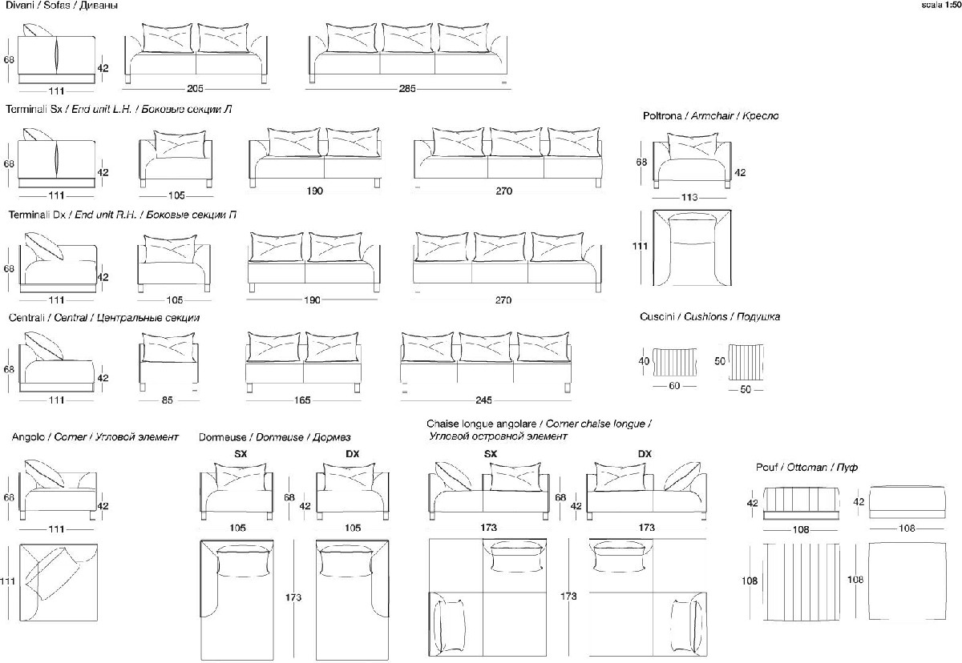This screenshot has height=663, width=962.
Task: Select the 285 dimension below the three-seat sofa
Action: click(407, 89)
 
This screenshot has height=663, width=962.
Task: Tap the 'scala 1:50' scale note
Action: click(940, 5)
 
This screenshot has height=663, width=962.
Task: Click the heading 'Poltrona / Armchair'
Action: click(710, 116)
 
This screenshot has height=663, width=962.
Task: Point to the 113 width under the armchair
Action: click(689, 197)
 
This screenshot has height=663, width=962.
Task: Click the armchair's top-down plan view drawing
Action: click(693, 247)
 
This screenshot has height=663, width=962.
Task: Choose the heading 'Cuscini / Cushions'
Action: click(709, 317)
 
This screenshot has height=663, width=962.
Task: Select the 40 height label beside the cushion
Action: click(643, 362)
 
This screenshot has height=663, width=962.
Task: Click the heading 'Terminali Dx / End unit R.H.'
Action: click(122, 215)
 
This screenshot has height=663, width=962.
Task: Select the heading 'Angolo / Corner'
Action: click(95, 437)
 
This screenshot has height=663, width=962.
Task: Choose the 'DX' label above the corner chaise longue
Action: click(645, 454)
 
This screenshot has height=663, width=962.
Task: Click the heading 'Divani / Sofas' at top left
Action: click(63, 6)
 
